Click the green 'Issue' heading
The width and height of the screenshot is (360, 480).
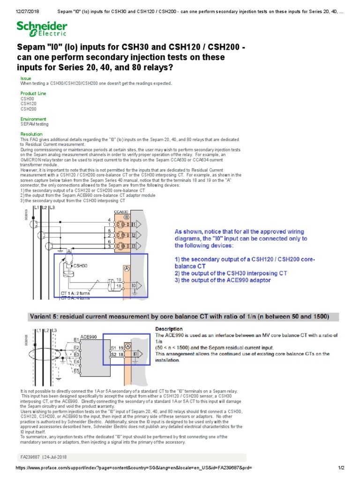click(x=26, y=78)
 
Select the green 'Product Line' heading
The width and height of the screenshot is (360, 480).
click(x=33, y=94)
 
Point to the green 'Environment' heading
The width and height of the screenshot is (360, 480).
click(x=33, y=119)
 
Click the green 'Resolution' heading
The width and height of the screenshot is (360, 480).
click(x=31, y=135)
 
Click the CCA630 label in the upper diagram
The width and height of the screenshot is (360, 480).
click(x=121, y=212)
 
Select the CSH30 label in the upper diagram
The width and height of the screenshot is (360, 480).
click(x=81, y=265)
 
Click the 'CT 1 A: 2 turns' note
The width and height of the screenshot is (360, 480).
click(x=79, y=293)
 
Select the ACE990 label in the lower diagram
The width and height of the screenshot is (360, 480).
click(x=89, y=336)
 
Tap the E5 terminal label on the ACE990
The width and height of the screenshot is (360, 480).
click(x=76, y=370)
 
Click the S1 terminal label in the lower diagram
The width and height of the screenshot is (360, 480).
click(x=114, y=348)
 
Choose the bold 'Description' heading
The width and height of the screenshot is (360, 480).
click(x=169, y=329)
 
